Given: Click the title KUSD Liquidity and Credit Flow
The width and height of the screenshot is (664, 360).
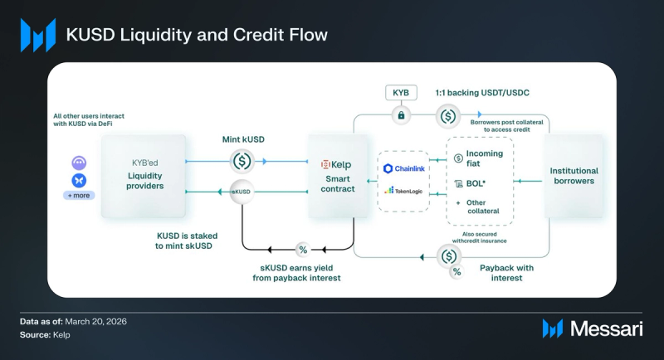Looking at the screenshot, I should click(x=197, y=35).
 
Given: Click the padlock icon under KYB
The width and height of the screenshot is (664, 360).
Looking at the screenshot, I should click(x=401, y=115).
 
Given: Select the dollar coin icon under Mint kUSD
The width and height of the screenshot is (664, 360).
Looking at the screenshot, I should click(x=242, y=160).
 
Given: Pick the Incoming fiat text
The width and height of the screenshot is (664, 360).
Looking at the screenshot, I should click(x=485, y=158).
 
